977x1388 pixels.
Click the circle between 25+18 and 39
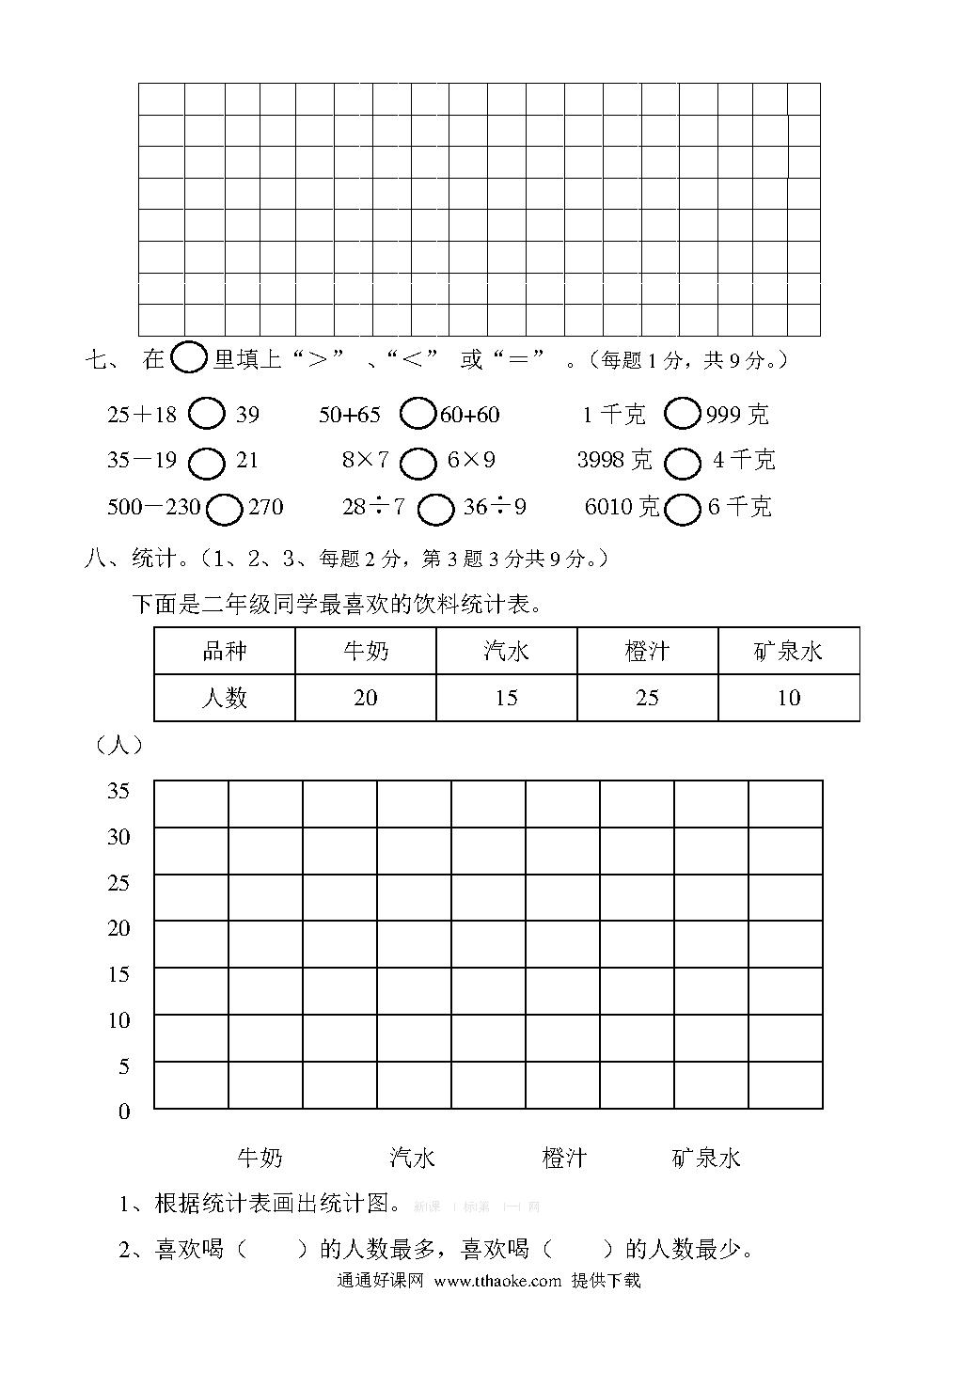tap(207, 414)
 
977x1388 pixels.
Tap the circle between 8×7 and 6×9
tap(418, 462)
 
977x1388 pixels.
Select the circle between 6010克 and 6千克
tap(683, 509)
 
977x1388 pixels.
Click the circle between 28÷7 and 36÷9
tap(435, 509)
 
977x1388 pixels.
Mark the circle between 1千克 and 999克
tap(683, 414)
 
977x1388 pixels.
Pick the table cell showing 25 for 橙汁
tap(647, 698)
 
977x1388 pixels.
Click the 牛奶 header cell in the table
tap(365, 651)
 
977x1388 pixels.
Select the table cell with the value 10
tap(788, 698)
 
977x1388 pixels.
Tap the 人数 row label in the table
tap(224, 698)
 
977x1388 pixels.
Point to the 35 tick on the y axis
tap(118, 791)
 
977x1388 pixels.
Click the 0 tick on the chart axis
tap(124, 1112)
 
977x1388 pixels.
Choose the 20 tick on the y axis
tap(118, 928)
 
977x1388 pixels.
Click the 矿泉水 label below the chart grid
tap(706, 1158)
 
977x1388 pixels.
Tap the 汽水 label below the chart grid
tap(412, 1158)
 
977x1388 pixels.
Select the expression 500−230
tap(153, 508)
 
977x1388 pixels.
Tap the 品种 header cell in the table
tap(224, 651)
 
